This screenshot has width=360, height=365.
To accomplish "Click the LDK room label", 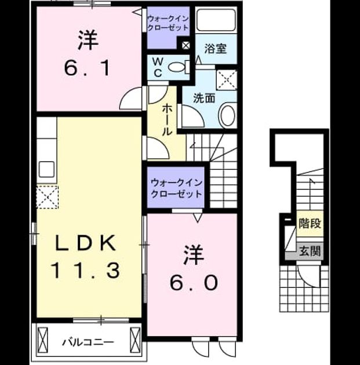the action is pyautogui.click(x=85, y=243).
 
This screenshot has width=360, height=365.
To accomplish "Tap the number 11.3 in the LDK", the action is pyautogui.click(x=86, y=270).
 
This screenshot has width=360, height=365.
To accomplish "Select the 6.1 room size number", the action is pyautogui.click(x=87, y=68).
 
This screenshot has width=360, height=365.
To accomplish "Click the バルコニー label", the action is pyautogui.click(x=88, y=342).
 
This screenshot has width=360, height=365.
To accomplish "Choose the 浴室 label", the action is pyautogui.click(x=216, y=49).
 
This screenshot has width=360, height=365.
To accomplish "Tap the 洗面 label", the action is pyautogui.click(x=204, y=98).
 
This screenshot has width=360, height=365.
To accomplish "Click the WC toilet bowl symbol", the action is pyautogui.click(x=176, y=67).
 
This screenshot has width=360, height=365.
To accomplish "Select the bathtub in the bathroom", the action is pyautogui.click(x=216, y=20).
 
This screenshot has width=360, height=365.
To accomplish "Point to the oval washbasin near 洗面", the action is pyautogui.click(x=227, y=116).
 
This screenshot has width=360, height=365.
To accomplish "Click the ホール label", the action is pyautogui.click(x=167, y=120).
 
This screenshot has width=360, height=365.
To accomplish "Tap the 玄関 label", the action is pyautogui.click(x=310, y=251).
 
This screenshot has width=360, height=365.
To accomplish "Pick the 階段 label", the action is pyautogui.click(x=310, y=224).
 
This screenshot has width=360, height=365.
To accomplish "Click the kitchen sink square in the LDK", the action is pyautogui.click(x=46, y=169).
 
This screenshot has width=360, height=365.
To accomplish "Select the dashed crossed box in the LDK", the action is pyautogui.click(x=48, y=197).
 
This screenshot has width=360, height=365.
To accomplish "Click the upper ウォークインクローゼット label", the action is pyautogui.click(x=168, y=23).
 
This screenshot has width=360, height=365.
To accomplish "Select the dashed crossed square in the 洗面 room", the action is pyautogui.click(x=227, y=80).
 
